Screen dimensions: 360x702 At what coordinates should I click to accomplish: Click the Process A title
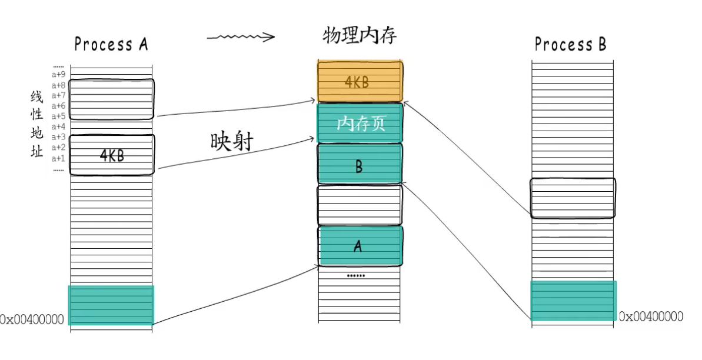111,44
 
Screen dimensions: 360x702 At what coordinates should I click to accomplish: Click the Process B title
570,44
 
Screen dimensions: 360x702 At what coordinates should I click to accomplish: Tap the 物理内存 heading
360,36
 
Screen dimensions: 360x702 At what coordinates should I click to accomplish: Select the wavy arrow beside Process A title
241,38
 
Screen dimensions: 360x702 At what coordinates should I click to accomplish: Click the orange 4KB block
359,81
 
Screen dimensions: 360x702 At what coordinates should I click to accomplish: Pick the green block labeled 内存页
360,123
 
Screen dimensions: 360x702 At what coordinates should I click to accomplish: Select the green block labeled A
360,246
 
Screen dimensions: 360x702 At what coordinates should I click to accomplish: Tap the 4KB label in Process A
111,156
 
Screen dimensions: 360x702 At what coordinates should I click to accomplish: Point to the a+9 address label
58,74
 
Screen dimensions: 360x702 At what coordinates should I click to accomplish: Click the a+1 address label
58,158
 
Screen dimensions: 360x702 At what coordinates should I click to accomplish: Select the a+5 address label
58,116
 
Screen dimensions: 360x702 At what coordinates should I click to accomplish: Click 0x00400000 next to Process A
32,320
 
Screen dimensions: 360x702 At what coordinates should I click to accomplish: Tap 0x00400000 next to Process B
651,316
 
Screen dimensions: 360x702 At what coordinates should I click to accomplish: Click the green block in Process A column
111,305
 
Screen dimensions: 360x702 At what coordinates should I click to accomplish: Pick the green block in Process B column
573,301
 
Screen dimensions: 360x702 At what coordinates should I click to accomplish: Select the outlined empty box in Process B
573,198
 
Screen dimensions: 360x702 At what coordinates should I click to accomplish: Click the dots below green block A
355,276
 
